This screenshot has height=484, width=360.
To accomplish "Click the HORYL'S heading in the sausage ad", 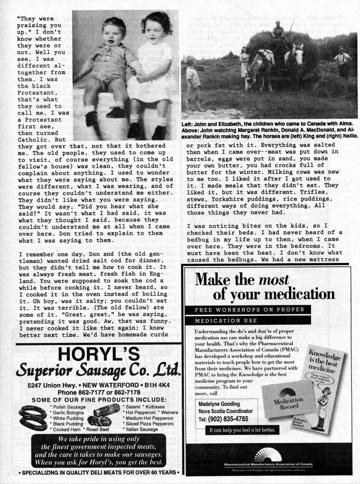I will click(98, 355).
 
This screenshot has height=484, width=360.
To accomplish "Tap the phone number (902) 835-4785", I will click(223, 419).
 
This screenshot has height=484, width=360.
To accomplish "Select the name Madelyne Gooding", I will click(219, 404).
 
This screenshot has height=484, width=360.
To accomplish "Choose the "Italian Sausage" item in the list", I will click(142, 429).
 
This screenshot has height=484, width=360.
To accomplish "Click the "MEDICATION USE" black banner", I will click(226, 321).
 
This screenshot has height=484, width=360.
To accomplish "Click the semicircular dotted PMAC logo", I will click(268, 455).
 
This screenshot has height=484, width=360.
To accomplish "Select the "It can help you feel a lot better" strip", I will click(241, 430).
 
